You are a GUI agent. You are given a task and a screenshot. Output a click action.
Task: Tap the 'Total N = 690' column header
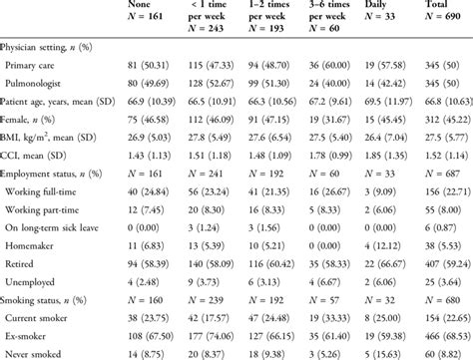[433, 12]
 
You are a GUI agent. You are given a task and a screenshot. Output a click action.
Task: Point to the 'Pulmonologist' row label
[49, 82]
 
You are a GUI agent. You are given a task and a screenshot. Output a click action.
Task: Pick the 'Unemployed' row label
[46, 292]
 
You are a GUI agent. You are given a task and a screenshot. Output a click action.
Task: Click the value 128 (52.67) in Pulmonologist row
[226, 82]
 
